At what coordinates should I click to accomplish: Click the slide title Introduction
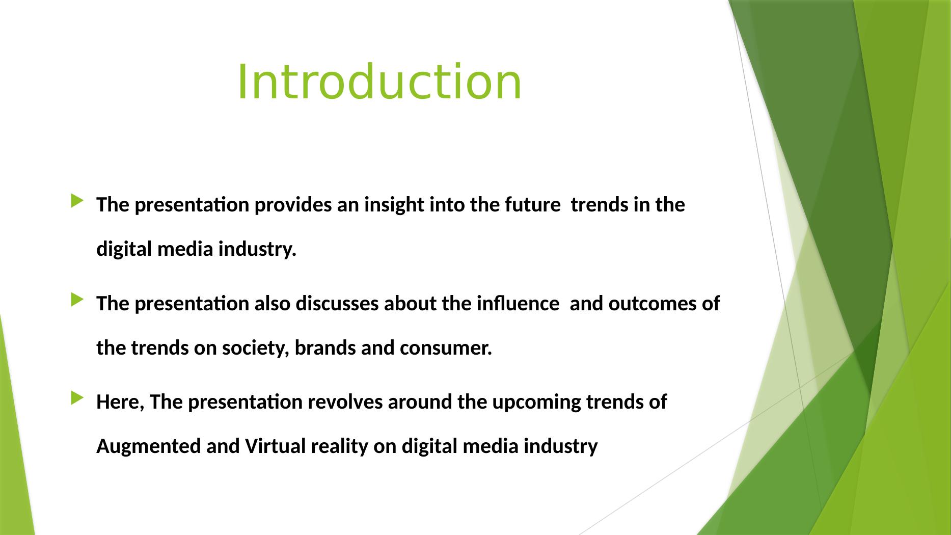(379, 82)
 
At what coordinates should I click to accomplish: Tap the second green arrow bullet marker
(76, 300)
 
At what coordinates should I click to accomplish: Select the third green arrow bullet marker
(76, 398)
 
